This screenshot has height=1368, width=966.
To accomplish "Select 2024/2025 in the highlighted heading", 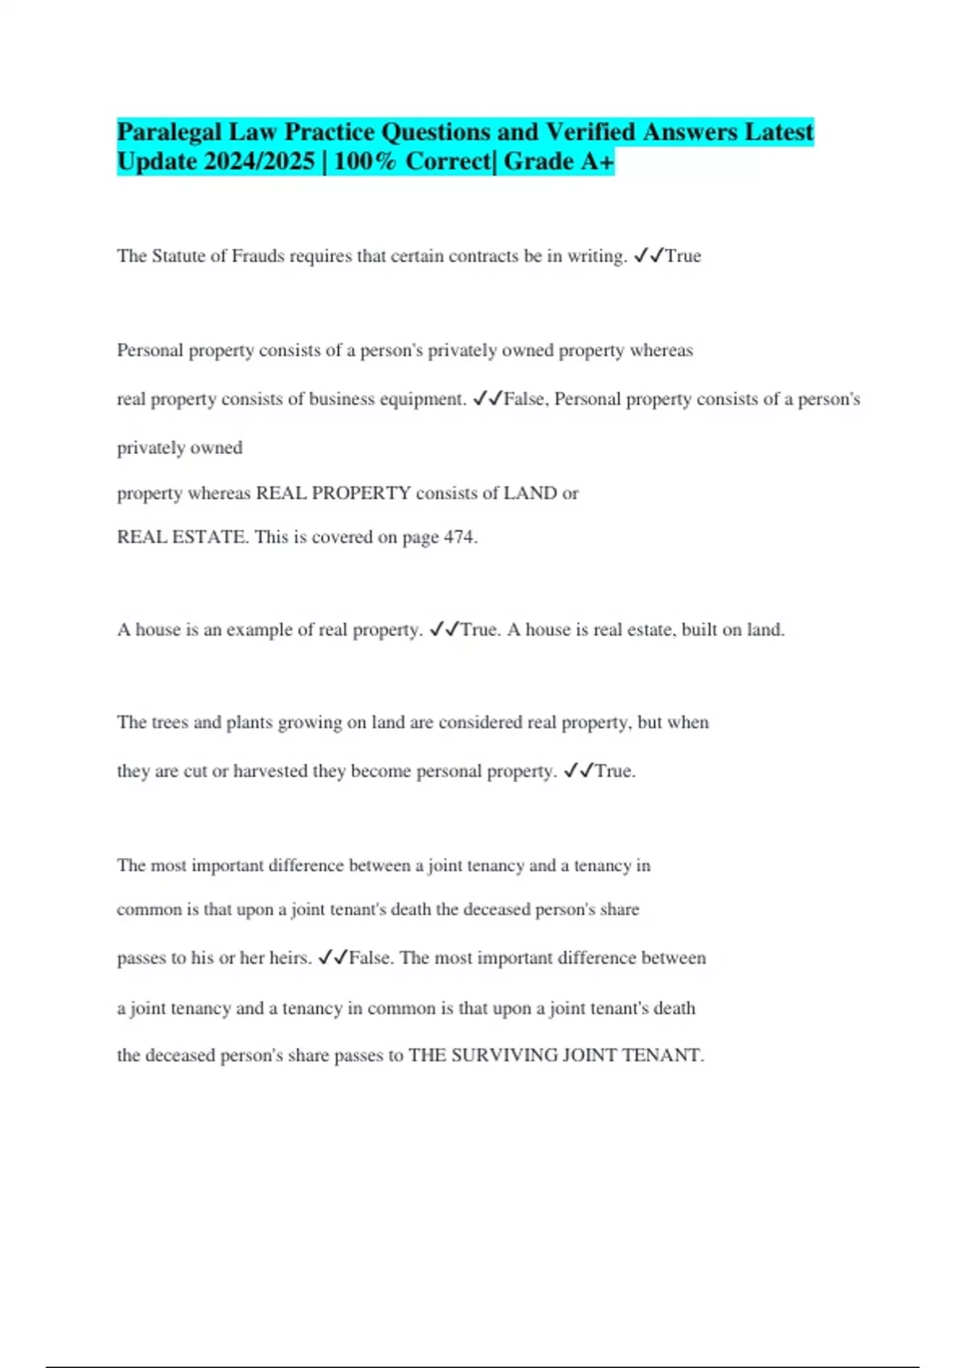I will pos(260,162).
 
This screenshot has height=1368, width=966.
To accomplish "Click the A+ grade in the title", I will pos(597,162).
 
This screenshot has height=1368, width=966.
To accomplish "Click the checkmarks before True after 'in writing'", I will pos(649,257).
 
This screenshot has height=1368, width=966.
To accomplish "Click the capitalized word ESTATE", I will pos(210,538).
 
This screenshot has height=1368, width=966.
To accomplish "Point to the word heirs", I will pos(290,958).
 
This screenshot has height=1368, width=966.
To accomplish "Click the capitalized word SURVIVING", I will pos(504,1056).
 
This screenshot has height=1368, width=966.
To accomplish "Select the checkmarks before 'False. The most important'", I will pos(333,958).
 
